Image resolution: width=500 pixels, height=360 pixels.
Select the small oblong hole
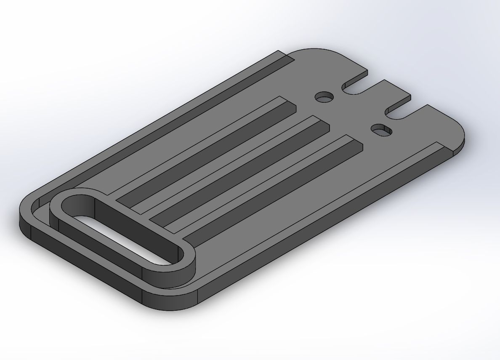(382, 130)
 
